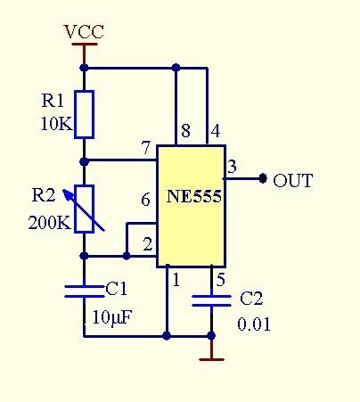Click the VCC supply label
click(85, 32)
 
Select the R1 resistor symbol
click(85, 114)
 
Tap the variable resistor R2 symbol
click(84, 209)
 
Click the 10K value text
click(56, 124)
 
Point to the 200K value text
click(50, 222)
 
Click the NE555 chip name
click(193, 196)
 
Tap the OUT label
click(292, 180)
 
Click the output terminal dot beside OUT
click(263, 178)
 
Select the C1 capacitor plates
click(85, 291)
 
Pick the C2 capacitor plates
click(211, 300)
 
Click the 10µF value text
click(112, 317)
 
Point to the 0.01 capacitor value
click(254, 324)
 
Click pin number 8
click(185, 131)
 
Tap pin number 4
click(216, 131)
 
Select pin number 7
click(146, 148)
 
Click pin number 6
click(145, 200)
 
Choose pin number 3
click(232, 167)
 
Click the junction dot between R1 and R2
click(85, 162)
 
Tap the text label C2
click(251, 299)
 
